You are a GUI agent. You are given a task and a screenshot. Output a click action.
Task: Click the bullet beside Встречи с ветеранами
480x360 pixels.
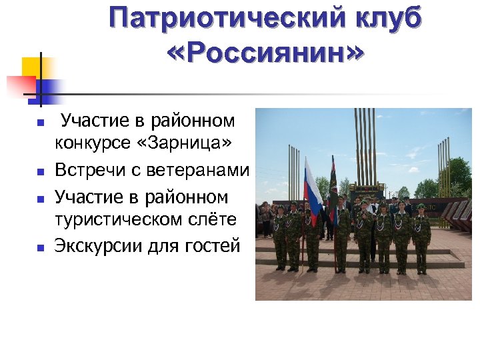point(40,172)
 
